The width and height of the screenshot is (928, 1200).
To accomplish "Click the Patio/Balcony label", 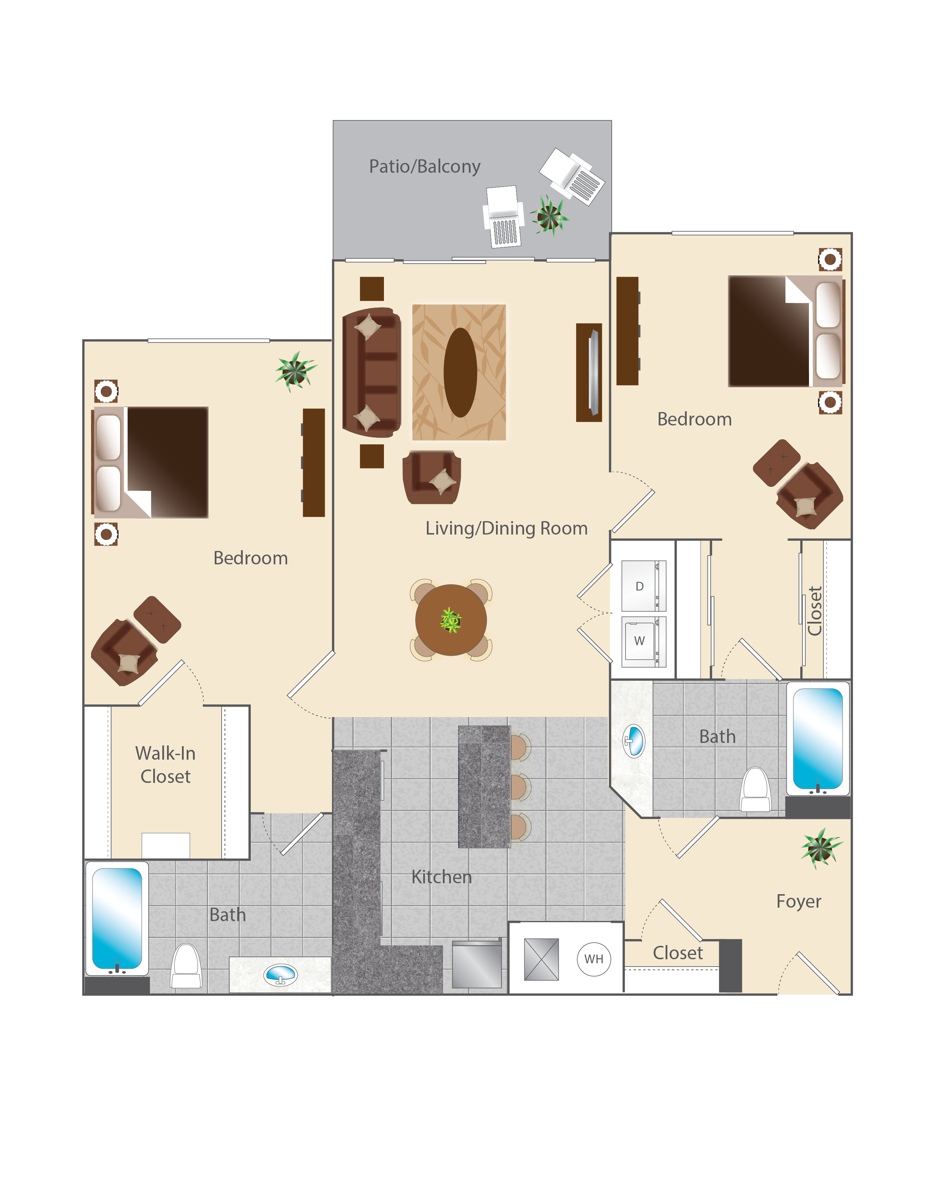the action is (x=424, y=167).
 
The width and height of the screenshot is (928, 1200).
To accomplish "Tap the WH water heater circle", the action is (x=594, y=959).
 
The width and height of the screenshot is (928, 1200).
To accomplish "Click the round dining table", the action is (x=451, y=620).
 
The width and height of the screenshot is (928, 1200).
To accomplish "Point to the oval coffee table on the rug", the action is (x=460, y=372).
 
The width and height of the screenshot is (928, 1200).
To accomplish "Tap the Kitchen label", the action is (x=441, y=877).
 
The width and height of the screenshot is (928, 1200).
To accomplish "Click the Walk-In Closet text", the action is (x=166, y=764).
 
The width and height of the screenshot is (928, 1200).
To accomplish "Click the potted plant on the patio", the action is (x=549, y=215).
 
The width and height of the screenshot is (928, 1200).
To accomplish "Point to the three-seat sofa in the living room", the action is (x=372, y=372).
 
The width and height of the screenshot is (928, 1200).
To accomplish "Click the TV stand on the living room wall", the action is (x=589, y=372).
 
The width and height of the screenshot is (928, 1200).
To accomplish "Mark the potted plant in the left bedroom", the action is (x=296, y=371).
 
